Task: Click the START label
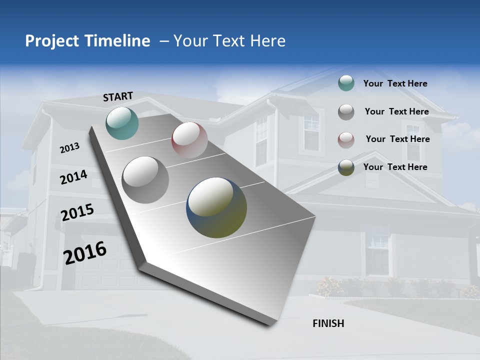click(x=118, y=96)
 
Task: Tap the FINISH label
click(x=328, y=323)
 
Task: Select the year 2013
click(x=69, y=147)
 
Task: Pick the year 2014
click(x=73, y=177)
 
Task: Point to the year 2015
click(x=77, y=212)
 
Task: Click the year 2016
click(x=84, y=252)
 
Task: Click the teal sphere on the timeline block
click(x=122, y=123)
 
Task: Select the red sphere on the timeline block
click(x=189, y=139)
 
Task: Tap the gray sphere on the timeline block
click(x=145, y=179)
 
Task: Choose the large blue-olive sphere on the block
click(x=216, y=207)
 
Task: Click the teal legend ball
click(x=346, y=83)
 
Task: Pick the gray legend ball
click(x=346, y=112)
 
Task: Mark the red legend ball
click(x=346, y=140)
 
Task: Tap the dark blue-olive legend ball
click(x=346, y=167)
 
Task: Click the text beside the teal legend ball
click(x=395, y=83)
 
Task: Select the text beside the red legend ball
click(x=397, y=139)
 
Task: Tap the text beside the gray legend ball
click(x=396, y=111)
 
